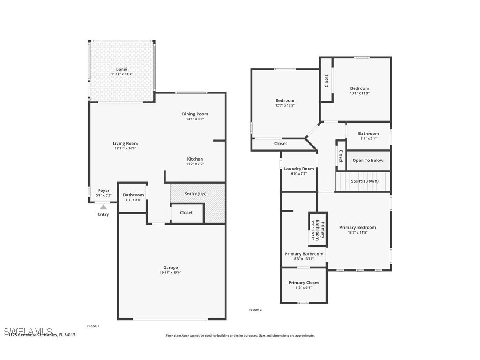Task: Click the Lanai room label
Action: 122,69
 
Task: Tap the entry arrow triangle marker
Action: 103,207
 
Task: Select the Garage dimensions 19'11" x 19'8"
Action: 171,272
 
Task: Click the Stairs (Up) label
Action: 195,194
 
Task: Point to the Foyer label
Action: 103,191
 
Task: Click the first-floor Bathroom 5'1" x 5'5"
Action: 133,197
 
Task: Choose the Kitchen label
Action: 195,159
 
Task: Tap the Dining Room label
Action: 195,114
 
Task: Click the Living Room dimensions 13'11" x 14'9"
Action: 125,149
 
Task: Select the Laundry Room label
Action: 299,169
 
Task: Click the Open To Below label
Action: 368,161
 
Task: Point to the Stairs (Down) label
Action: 364,181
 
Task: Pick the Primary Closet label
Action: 303,283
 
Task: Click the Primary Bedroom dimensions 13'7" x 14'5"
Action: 358,232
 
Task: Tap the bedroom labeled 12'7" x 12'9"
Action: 285,103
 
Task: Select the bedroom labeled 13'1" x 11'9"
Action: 359,91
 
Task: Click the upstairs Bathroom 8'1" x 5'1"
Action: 368,136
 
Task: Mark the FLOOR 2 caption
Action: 255,310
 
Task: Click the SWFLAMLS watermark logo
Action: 27,331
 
